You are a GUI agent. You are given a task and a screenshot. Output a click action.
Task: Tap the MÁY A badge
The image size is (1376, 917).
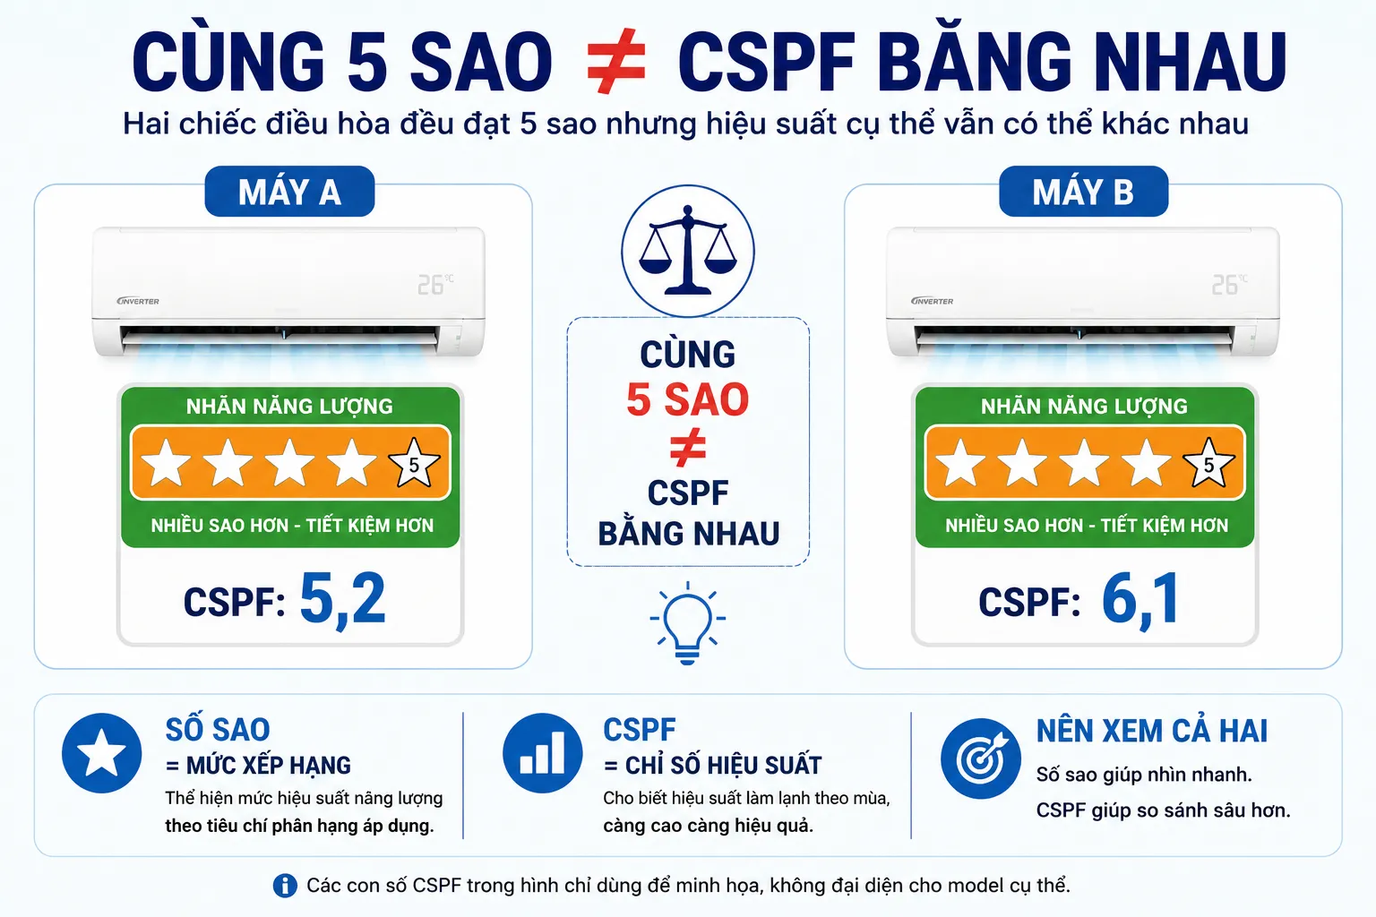(289, 191)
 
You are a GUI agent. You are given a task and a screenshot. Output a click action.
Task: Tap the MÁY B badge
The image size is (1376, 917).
(1084, 191)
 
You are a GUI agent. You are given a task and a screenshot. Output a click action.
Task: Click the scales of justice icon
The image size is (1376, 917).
(687, 251)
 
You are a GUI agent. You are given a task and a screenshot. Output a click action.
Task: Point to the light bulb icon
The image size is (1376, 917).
(687, 622)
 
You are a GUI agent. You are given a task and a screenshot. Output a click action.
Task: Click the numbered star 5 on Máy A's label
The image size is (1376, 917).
(414, 463)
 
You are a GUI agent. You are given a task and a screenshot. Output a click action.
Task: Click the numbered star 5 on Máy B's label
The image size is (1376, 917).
(1208, 463)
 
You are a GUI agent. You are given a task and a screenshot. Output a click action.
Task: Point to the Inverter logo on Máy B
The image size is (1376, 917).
(932, 301)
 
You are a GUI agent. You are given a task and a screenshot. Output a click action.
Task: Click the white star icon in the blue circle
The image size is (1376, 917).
(101, 752)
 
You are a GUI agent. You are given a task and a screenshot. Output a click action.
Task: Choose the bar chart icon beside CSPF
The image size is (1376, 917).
(542, 752)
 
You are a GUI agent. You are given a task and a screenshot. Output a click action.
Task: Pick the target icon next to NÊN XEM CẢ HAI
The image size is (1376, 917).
(981, 758)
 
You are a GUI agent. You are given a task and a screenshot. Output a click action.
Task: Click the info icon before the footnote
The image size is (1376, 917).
(284, 886)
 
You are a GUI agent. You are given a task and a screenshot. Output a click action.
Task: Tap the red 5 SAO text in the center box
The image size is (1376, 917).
(687, 399)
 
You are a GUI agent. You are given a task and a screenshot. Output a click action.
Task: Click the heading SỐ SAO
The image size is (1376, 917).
(218, 730)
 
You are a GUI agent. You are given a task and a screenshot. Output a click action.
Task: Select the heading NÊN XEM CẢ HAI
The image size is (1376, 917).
(1152, 731)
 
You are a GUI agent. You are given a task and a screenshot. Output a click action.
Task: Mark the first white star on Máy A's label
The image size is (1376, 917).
(166, 463)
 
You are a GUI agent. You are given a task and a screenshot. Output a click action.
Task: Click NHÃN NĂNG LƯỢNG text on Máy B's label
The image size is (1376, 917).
(1084, 406)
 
